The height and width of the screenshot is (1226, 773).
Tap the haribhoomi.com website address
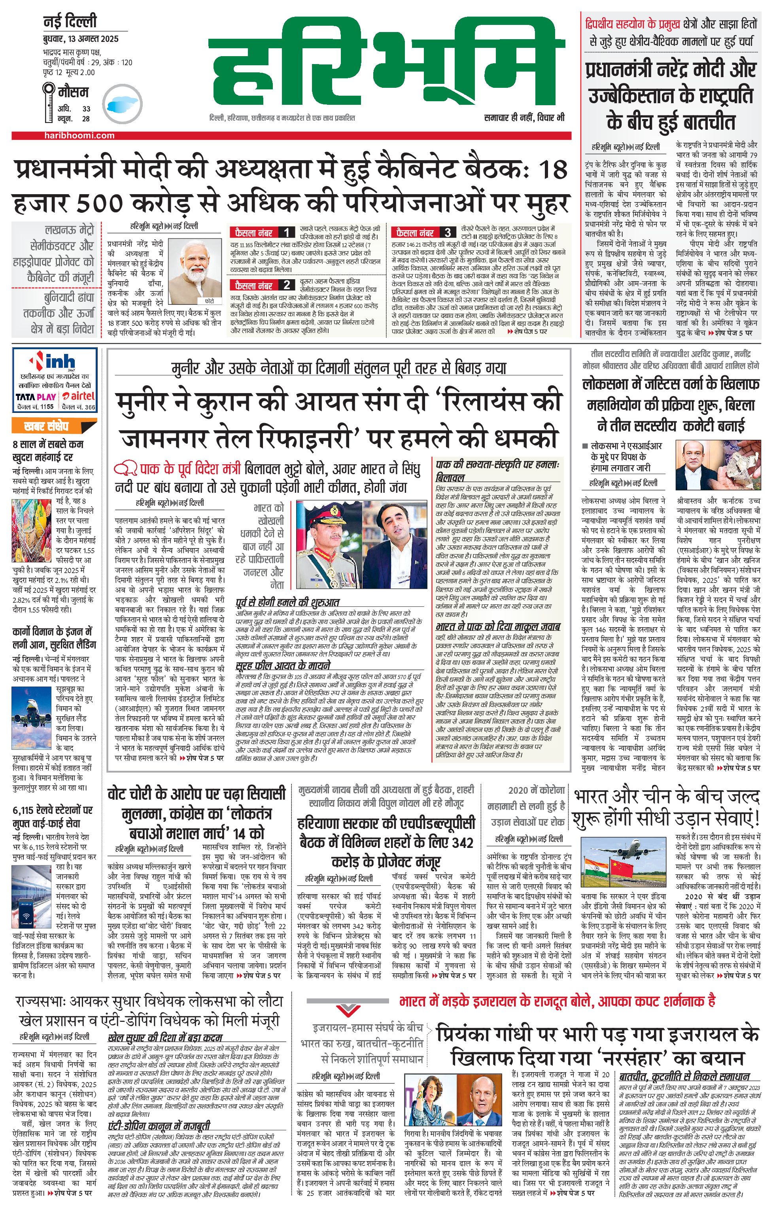pos(79,135)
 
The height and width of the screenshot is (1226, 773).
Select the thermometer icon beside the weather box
pos(49,103)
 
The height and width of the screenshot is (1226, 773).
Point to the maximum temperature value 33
pos(86,108)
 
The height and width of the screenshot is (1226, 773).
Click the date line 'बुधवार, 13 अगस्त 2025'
pos(80,39)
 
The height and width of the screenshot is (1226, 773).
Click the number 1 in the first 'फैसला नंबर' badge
pos(287,233)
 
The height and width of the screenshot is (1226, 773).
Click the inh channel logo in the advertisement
pos(55,362)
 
